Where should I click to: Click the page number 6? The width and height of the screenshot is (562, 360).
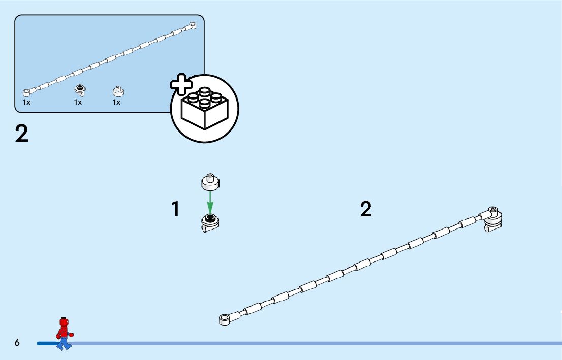17,343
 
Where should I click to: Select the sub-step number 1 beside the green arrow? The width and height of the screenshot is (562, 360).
175,209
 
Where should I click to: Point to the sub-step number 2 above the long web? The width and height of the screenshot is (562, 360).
366,209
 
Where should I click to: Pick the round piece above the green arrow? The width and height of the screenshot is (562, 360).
210,181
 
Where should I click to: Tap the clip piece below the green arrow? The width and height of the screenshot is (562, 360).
210,222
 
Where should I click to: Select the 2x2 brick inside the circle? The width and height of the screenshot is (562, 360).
205,108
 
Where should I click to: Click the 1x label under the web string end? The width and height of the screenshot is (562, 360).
26,102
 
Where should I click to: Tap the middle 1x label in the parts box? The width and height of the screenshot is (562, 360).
78,102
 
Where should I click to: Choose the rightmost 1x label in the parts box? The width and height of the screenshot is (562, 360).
116,102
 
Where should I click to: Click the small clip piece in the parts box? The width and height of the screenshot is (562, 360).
80,90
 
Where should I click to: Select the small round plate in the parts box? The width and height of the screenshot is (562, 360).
118,91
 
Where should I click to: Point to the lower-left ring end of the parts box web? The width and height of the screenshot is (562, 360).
26,92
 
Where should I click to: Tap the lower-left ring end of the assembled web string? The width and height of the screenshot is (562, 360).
224,319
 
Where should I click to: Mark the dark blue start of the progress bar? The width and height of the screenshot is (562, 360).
46,344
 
